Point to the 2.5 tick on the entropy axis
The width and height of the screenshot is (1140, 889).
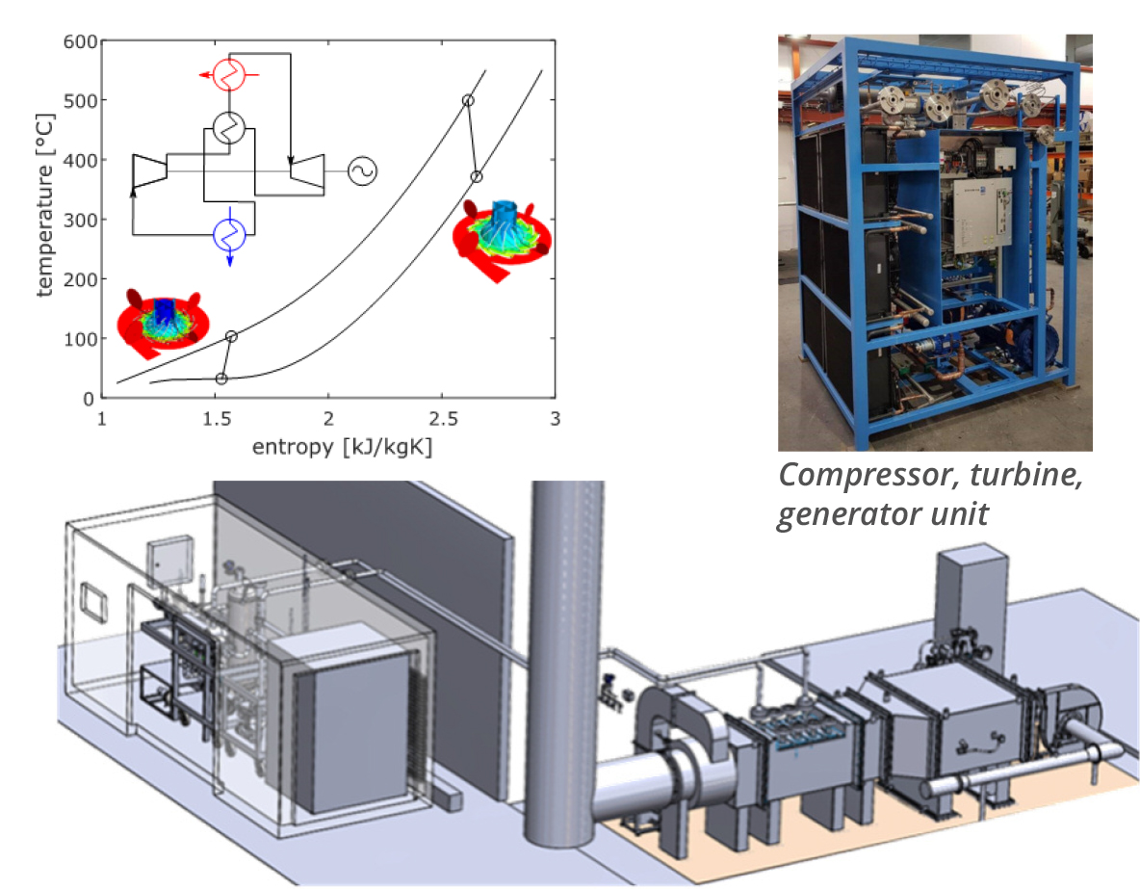(x=441, y=421)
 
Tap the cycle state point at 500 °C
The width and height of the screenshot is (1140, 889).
(x=468, y=100)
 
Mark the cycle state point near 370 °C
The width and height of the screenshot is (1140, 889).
(x=476, y=176)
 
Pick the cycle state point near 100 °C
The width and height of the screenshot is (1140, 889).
(x=231, y=336)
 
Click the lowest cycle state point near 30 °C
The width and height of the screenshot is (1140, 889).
(x=221, y=379)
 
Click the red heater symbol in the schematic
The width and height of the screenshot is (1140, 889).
(x=229, y=74)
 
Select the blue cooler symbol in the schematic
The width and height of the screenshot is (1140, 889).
(x=229, y=232)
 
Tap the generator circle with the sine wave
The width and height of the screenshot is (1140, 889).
(x=362, y=171)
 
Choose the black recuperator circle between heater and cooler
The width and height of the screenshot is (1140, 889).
(x=229, y=128)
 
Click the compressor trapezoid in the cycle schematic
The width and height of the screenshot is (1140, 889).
(x=149, y=171)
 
